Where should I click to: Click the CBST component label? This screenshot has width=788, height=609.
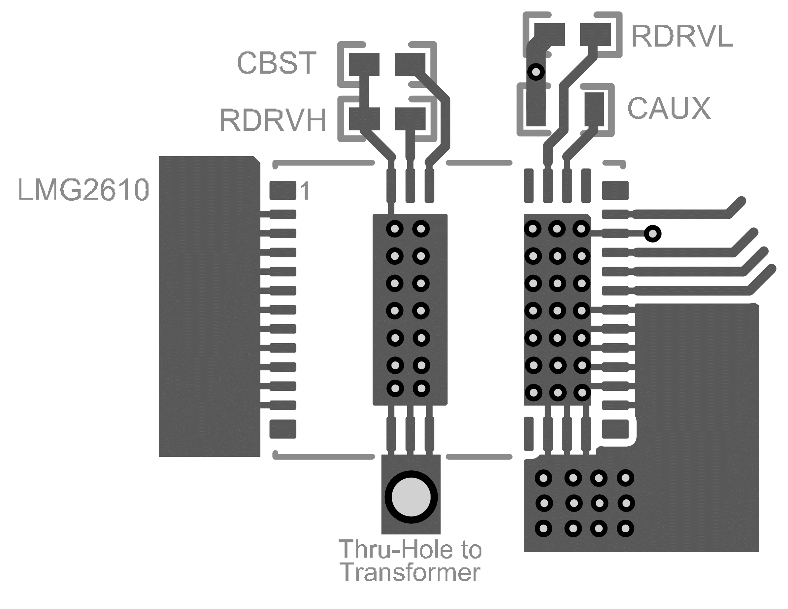277,63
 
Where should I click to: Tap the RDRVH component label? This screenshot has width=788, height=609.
273,120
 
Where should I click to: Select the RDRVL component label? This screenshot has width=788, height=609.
682,37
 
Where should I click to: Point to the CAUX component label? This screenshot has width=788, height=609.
669,108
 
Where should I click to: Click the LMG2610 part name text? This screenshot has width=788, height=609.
83,190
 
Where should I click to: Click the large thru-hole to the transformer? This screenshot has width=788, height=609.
411,497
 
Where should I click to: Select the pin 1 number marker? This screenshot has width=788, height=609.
305,191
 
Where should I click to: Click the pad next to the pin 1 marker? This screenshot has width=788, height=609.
283,190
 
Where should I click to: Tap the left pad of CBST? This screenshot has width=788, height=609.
364,64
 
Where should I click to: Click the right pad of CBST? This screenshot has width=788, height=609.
410,64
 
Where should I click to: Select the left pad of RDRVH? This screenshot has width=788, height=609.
364,119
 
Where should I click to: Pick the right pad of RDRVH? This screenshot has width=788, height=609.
410,119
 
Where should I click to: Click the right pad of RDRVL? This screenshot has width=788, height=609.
595,35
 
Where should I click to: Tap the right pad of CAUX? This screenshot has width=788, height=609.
594,109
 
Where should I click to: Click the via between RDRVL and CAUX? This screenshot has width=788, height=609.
536,72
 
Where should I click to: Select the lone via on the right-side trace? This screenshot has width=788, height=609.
653,234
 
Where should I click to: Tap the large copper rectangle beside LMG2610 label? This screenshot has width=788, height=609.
209,307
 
